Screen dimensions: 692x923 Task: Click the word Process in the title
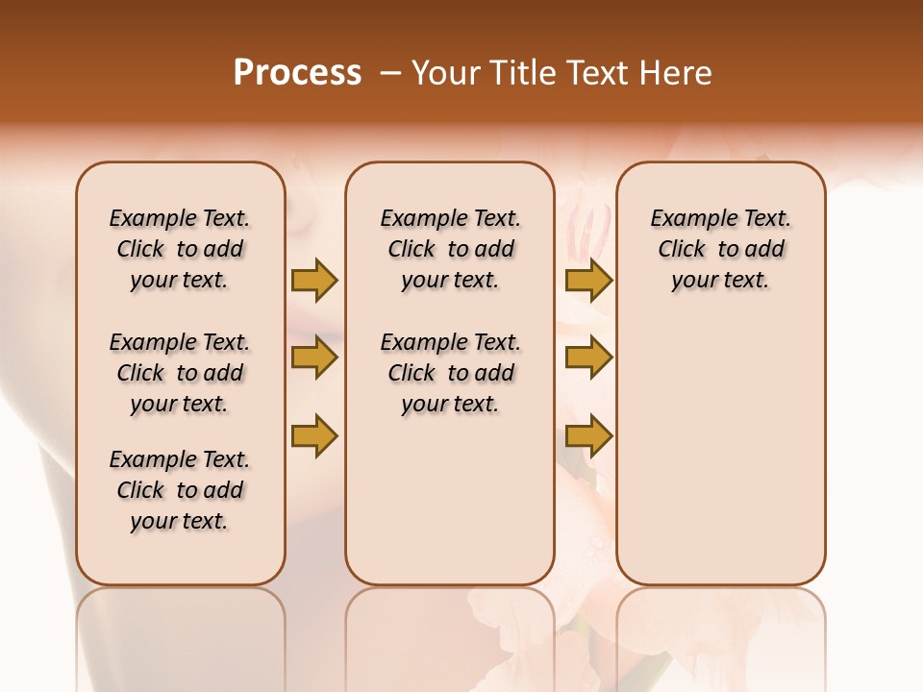point(297,73)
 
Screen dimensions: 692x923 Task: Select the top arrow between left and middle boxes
point(314,280)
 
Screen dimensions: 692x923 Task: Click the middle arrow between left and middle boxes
point(314,358)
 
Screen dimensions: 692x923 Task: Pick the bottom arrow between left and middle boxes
point(314,435)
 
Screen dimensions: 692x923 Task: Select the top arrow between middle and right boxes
point(588,280)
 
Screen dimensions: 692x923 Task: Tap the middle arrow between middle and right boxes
point(588,358)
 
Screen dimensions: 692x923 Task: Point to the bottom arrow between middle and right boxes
point(588,435)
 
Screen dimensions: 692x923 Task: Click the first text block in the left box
point(180,249)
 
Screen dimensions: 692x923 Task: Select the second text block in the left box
point(180,373)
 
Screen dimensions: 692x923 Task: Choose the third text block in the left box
point(180,490)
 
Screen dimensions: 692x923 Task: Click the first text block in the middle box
point(450,249)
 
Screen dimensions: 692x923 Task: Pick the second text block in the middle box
point(450,373)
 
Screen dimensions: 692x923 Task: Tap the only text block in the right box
point(720,249)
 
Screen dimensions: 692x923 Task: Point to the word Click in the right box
point(682,249)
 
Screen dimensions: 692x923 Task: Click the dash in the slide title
point(389,73)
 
